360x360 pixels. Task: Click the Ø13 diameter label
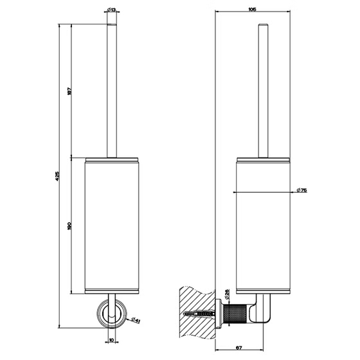coord(111,10)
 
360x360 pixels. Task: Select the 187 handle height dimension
coord(70,91)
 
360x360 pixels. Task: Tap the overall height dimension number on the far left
coord(57,176)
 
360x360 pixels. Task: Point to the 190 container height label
coord(70,226)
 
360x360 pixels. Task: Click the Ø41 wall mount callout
coord(135,319)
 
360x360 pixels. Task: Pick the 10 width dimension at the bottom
coord(112,340)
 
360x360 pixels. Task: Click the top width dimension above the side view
coord(252,10)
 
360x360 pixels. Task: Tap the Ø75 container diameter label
coord(301,190)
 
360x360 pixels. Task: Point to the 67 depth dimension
coord(239,348)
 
